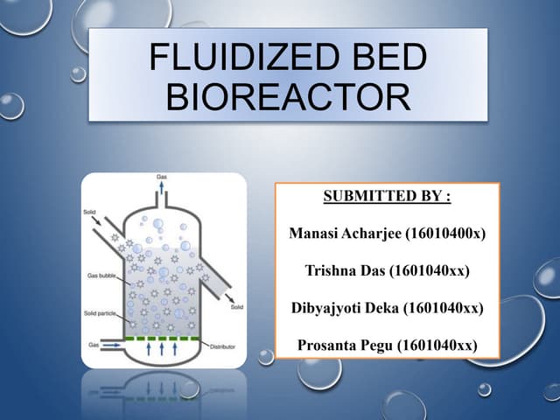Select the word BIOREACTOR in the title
287,96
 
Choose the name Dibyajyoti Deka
341,307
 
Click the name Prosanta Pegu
344,345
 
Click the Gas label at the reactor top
162,178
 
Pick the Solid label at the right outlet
235,307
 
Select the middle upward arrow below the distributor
162,351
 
